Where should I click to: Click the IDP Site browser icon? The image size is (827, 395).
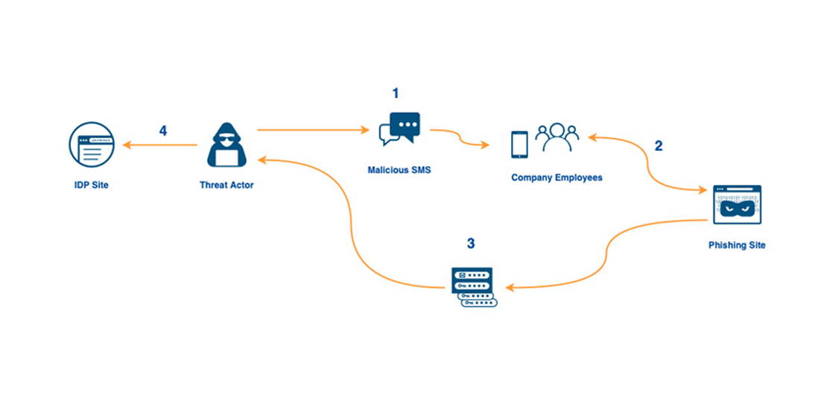coord(91,145)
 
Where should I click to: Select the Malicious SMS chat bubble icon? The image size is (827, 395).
coord(399,128)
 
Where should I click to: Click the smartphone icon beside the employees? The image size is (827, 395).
coord(519,144)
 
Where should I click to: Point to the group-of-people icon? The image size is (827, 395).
coord(557,137)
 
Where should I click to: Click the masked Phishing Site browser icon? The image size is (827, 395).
coord(736,204)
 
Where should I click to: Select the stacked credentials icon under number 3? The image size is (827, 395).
coord(473,287)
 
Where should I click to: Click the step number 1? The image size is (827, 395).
coord(396,93)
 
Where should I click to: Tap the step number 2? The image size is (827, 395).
coord(658,146)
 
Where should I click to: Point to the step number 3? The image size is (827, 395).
coord(470,244)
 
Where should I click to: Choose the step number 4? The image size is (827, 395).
coord(163,131)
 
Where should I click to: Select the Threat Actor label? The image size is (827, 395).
coord(226,185)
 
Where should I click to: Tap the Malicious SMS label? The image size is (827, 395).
coord(399,170)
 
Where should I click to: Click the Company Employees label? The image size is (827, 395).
coord(557,178)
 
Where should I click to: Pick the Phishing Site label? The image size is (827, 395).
coord(736,245)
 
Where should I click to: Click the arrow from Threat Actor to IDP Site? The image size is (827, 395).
coord(159,145)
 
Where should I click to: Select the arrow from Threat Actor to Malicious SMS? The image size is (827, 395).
coord(313,130)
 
